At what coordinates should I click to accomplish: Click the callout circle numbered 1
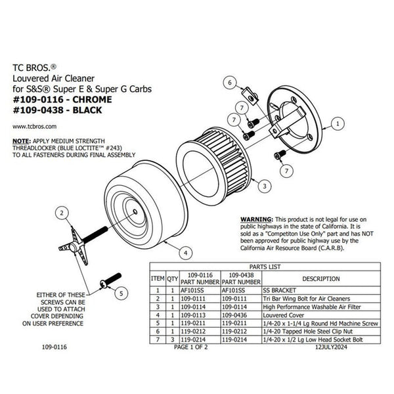pyautogui.click(x=337, y=122)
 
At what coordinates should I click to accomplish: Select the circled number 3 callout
pyautogui.click(x=263, y=186)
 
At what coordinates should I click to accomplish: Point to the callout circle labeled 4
pyautogui.click(x=186, y=252)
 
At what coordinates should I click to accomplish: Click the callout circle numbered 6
pyautogui.click(x=230, y=83)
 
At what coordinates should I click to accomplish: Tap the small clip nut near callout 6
pyautogui.click(x=250, y=99)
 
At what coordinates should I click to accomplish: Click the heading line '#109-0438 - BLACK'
pyautogui.click(x=58, y=111)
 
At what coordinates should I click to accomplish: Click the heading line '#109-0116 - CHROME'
pyautogui.click(x=62, y=100)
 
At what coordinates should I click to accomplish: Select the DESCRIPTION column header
pyautogui.click(x=320, y=278)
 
